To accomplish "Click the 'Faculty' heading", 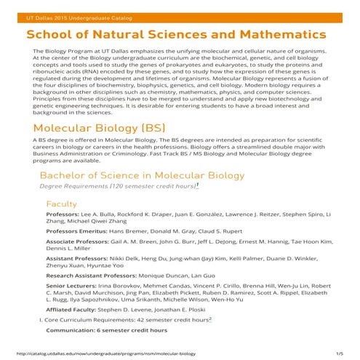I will pyautogui.click(x=61, y=204).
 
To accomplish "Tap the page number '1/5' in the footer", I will pyautogui.click(x=339, y=353).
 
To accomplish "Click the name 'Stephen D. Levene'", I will pyautogui.click(x=130, y=309).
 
